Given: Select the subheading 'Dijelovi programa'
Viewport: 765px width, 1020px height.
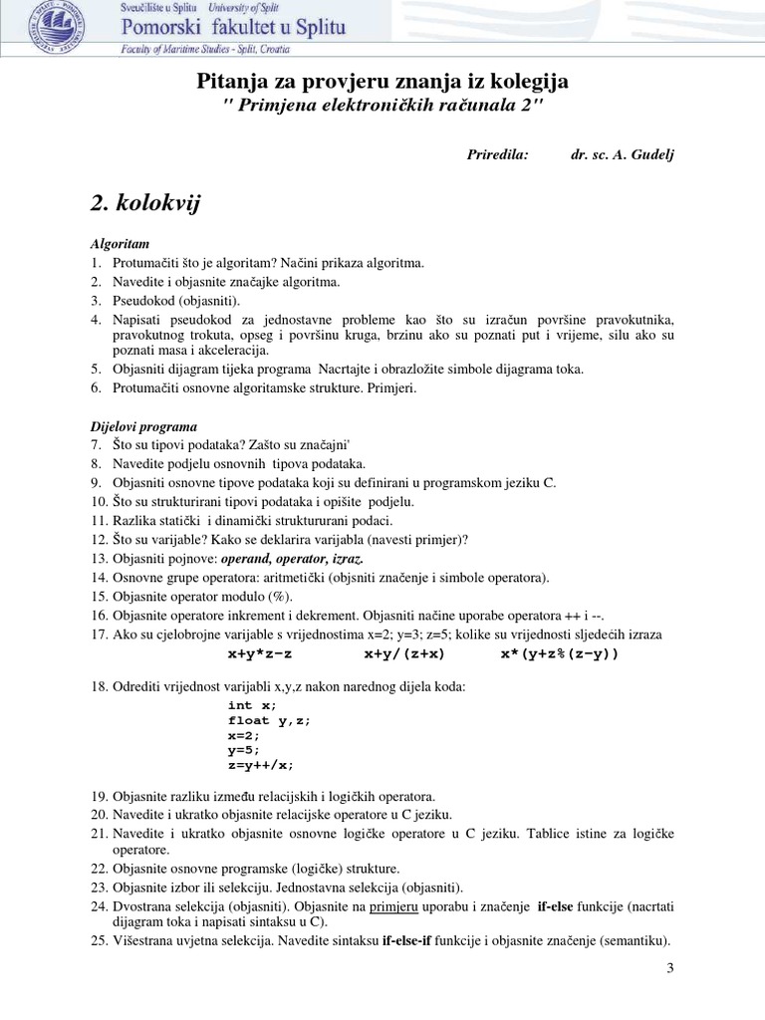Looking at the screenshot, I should click(x=143, y=426).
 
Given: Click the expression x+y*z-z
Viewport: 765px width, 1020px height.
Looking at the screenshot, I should click(x=263, y=654).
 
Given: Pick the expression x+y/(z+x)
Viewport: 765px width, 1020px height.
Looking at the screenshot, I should click(x=404, y=654).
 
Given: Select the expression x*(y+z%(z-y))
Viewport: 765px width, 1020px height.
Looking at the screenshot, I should click(x=559, y=654).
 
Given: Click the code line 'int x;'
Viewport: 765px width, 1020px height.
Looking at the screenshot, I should click(x=253, y=705).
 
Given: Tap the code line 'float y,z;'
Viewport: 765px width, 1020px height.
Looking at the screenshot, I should click(x=269, y=720).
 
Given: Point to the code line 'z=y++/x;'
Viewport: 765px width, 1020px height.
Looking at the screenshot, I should click(x=261, y=766).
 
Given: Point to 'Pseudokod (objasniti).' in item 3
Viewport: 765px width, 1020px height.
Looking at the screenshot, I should click(x=176, y=300).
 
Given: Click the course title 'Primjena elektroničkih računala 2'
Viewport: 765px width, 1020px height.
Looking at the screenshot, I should click(x=382, y=108).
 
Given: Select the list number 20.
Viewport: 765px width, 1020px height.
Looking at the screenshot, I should click(x=98, y=815).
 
